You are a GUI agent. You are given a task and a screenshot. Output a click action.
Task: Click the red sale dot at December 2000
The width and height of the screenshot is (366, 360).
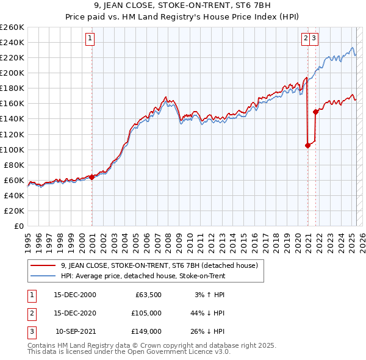coord(92,177)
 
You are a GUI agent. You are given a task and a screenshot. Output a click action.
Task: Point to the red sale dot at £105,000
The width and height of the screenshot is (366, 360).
coord(307,145)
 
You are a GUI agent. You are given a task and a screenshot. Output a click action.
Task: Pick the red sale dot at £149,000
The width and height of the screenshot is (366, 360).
coord(315,112)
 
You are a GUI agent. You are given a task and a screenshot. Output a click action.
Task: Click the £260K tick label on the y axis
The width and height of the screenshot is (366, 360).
coord(12,27)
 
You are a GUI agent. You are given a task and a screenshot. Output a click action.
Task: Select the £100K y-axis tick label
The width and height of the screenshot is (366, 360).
coord(12,149)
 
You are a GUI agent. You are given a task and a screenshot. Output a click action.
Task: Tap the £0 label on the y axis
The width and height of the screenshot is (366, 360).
coord(18,226)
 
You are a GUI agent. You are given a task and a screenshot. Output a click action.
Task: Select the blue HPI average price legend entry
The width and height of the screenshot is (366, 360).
coord(143,276)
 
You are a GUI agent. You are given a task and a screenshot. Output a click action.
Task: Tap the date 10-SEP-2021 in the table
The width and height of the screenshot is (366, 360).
coord(76,331)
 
